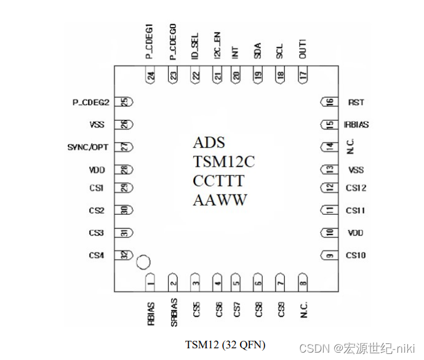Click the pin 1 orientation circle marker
[x=143, y=262]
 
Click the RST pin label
[x=356, y=102]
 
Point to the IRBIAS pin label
[x=356, y=124]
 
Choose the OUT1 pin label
[x=302, y=48]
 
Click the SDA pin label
[x=257, y=50]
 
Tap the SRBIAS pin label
[x=174, y=313]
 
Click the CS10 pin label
[x=356, y=255]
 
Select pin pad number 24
[x=151, y=76]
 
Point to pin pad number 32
[x=126, y=255]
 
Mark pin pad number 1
[x=151, y=282]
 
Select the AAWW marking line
[x=220, y=200]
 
